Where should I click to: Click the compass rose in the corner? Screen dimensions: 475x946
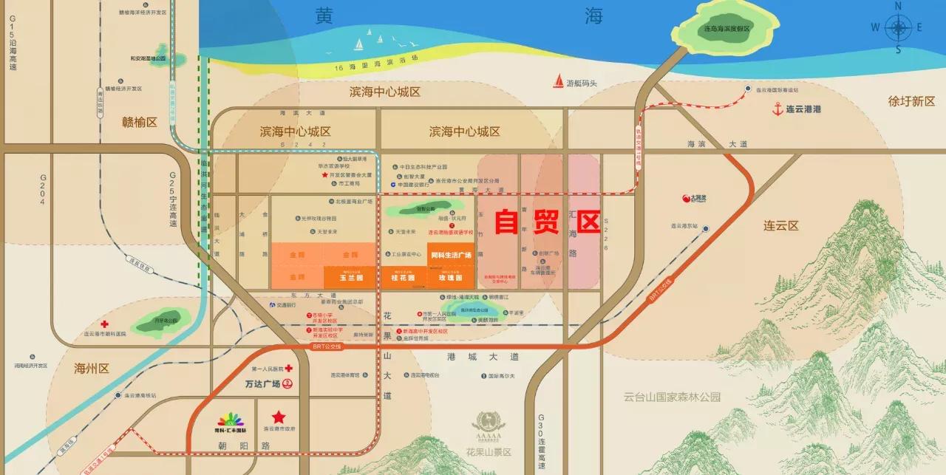(899, 28)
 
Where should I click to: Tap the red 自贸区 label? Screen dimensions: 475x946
(547, 220)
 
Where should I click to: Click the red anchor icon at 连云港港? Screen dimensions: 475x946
(777, 109)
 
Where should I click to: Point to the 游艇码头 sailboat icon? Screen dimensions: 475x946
(557, 83)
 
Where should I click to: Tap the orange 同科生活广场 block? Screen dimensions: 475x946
(450, 255)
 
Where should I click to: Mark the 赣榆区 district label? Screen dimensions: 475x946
(140, 123)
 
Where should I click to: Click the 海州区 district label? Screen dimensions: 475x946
(92, 368)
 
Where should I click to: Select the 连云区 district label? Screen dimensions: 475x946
(781, 226)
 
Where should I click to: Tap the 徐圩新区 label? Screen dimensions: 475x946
(911, 101)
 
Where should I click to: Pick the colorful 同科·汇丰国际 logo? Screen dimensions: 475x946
(229, 420)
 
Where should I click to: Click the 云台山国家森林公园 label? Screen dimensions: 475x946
(671, 397)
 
